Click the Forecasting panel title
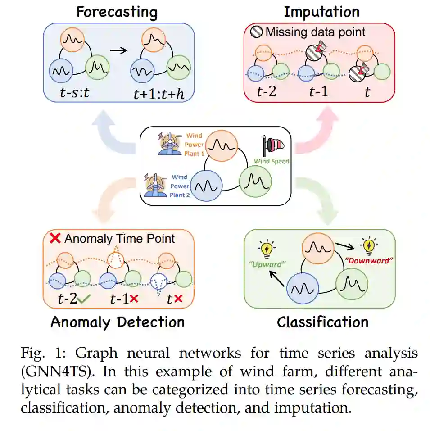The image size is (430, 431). (x=117, y=12)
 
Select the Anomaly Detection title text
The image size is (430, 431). (x=118, y=322)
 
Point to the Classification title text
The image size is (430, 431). (x=322, y=322)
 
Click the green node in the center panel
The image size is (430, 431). (x=256, y=181)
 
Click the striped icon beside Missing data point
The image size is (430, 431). (x=256, y=32)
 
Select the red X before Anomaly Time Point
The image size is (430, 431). (x=55, y=239)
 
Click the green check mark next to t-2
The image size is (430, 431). (x=84, y=299)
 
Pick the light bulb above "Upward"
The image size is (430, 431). (x=267, y=248)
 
